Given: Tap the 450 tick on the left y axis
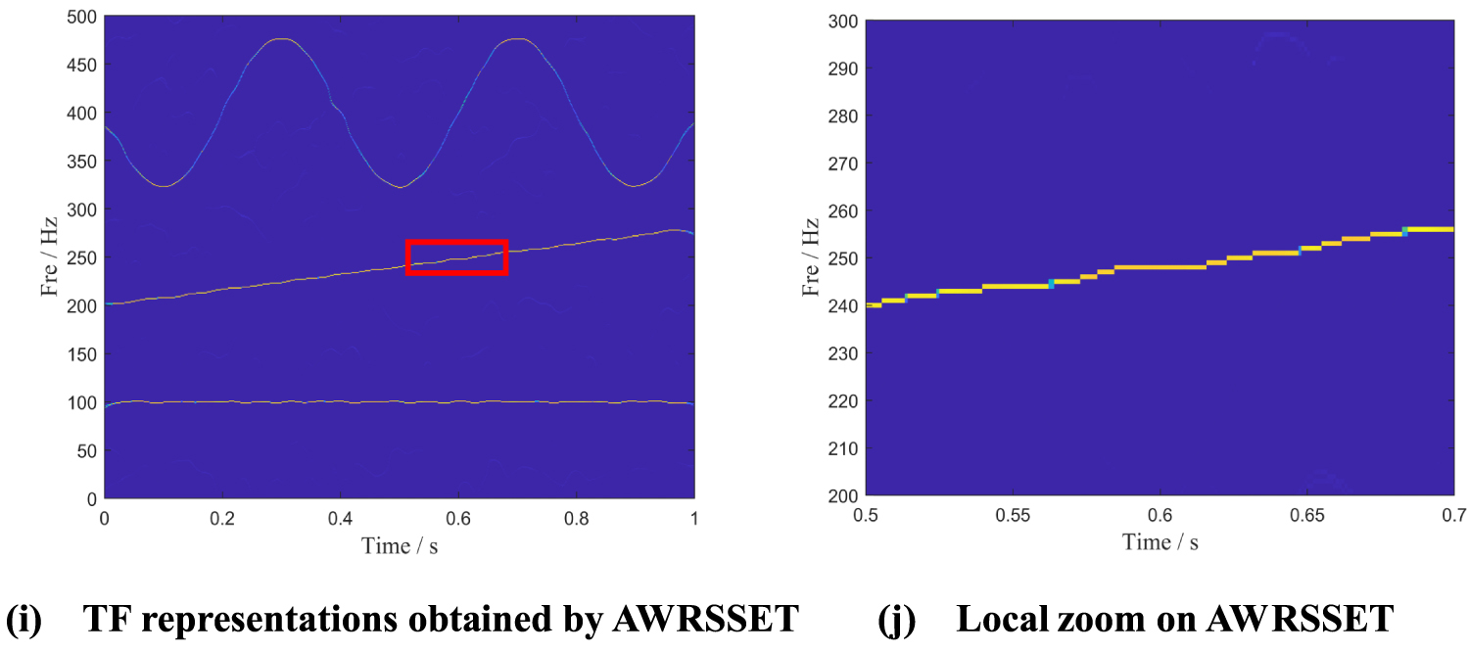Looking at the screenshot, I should pyautogui.click(x=81, y=65).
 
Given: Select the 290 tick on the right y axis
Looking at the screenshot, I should pyautogui.click(x=844, y=69).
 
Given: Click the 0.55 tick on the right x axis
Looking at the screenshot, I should pyautogui.click(x=1013, y=514).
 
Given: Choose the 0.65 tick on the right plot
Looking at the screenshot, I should pyautogui.click(x=1306, y=514).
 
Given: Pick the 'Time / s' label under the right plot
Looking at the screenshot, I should pyautogui.click(x=1160, y=541).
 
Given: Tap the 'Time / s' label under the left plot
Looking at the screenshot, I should pyautogui.click(x=399, y=544).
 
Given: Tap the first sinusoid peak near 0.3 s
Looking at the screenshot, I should pyautogui.click(x=282, y=39).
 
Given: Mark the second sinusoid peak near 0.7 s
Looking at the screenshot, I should pyautogui.click(x=518, y=39).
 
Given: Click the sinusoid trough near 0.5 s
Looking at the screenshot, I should pyautogui.click(x=400, y=186).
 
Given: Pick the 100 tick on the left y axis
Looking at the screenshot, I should pyautogui.click(x=81, y=402).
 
